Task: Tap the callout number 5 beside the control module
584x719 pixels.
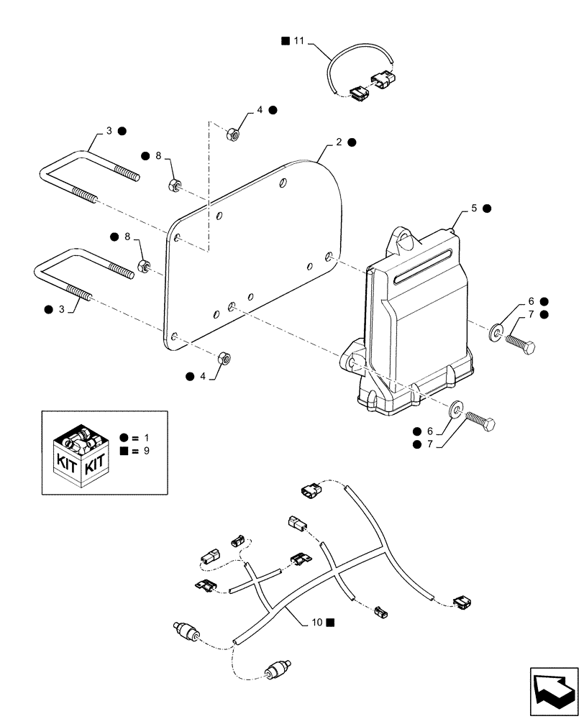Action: click(474, 208)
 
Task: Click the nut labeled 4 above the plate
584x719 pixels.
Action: click(233, 133)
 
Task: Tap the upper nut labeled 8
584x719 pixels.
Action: click(173, 185)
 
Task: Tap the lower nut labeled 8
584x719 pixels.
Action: click(144, 267)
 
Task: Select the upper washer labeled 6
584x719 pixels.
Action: click(496, 331)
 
